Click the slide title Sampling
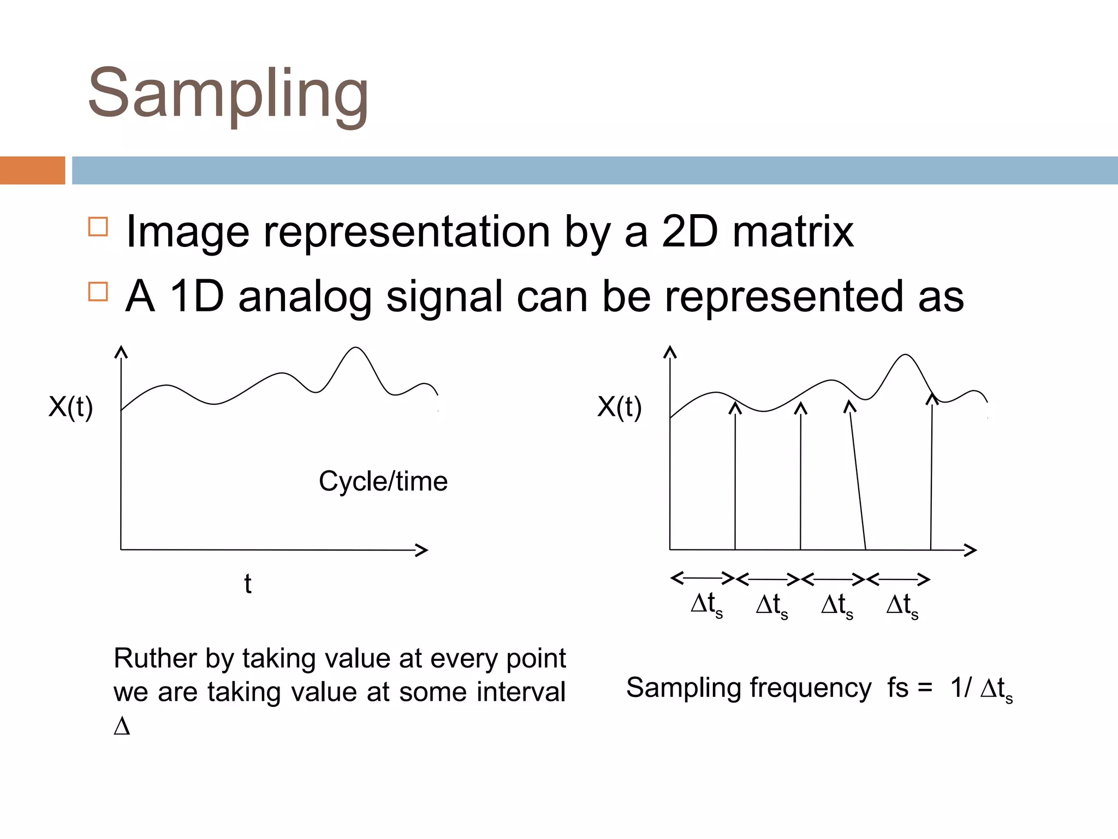click(228, 94)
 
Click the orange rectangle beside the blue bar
click(32, 170)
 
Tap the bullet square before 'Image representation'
click(98, 227)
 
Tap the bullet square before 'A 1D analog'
click(98, 292)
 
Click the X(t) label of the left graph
click(71, 407)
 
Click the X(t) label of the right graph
click(620, 407)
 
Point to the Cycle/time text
click(383, 482)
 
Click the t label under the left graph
click(248, 583)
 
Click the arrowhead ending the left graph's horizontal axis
click(423, 550)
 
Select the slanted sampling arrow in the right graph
click(857, 475)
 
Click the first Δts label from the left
click(706, 605)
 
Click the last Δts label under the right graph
click(902, 605)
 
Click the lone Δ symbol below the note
click(122, 726)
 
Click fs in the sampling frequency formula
click(898, 687)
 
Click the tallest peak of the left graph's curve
click(356, 348)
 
